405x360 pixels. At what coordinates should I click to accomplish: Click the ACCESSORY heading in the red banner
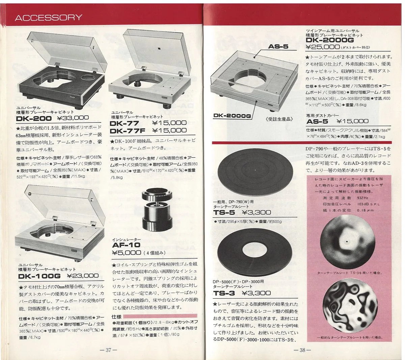[x=48, y=18]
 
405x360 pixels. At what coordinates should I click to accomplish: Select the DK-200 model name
[x=34, y=118]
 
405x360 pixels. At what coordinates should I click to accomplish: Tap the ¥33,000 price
[x=73, y=118]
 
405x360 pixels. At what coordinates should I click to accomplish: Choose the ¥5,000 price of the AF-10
[x=126, y=252]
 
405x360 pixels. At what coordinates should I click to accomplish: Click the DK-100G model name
[x=39, y=276]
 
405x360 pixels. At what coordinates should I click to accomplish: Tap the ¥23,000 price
[x=83, y=276]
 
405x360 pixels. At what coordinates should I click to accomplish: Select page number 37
[x=108, y=350]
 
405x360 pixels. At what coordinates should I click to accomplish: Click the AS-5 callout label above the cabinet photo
[x=278, y=47]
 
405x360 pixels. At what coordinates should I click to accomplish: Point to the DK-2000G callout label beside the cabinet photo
[x=232, y=116]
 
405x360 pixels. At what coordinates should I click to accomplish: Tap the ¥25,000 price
[x=322, y=47]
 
